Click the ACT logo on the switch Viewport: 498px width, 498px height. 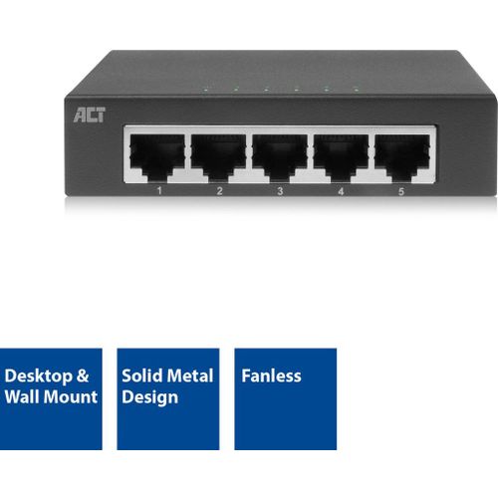click(90, 115)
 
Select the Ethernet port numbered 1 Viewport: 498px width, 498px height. click(157, 157)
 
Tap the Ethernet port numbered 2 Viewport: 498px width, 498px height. click(218, 157)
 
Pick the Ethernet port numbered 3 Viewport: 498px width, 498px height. click(280, 157)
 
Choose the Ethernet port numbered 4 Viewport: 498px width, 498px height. click(341, 157)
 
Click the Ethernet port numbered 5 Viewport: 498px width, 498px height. click(402, 157)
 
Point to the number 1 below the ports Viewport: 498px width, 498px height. click(159, 190)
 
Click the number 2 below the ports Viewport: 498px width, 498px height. click(219, 191)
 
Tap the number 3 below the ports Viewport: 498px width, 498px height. click(280, 191)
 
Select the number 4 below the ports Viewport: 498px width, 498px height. click(341, 191)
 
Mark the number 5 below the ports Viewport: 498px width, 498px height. click(401, 191)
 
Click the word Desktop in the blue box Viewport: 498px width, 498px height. click(38, 376)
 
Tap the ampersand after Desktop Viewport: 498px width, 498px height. click(83, 375)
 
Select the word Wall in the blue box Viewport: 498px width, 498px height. click(22, 396)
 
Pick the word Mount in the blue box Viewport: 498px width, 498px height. click(71, 397)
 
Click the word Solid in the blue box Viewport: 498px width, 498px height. click(141, 375)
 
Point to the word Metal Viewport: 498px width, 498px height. click(189, 375)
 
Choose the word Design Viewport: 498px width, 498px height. click(149, 397)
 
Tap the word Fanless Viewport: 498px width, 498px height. click(271, 375)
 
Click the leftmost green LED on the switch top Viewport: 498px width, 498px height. click(206, 90)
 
